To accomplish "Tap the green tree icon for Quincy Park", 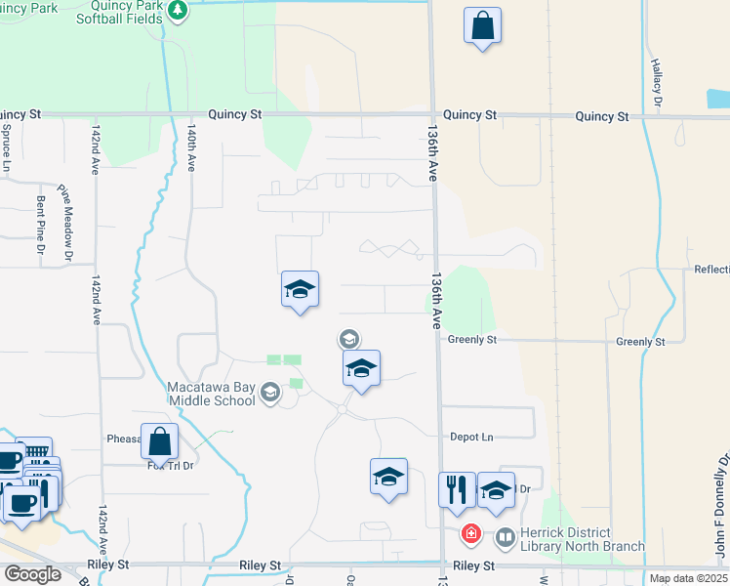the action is [x=177, y=11].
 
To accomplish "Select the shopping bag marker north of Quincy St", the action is [x=483, y=26].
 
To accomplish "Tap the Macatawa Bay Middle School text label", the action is [x=211, y=394].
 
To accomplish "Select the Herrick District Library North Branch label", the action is [x=582, y=539].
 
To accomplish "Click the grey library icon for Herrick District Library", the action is [x=506, y=536].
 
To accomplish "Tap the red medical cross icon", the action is [x=470, y=534].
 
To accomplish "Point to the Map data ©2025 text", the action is [x=688, y=578].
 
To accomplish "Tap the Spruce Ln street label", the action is [x=6, y=146].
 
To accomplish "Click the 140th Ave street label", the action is [x=192, y=146].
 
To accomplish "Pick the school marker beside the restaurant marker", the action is [x=496, y=490].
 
